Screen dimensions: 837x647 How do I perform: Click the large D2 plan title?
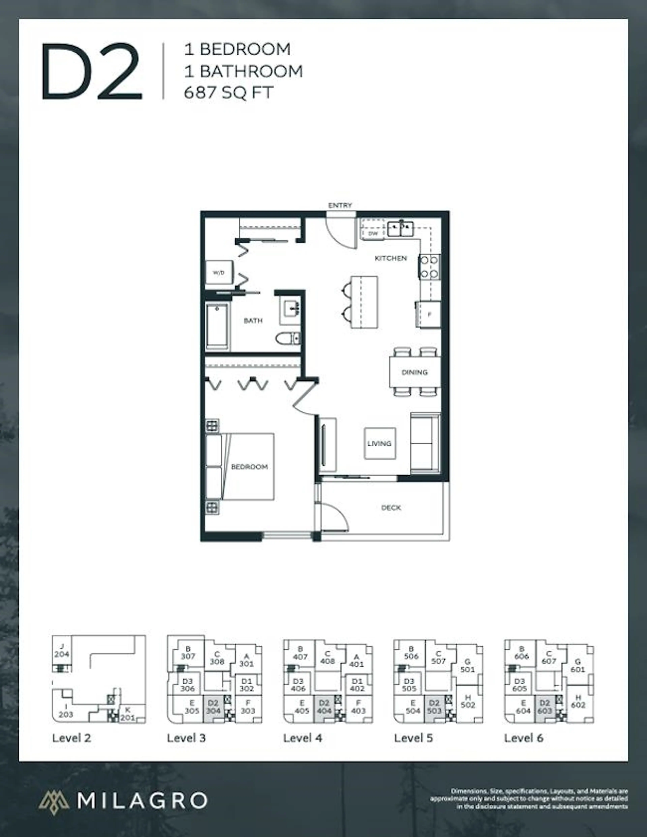pyautogui.click(x=92, y=72)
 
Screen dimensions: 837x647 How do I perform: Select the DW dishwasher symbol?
pyautogui.click(x=373, y=233)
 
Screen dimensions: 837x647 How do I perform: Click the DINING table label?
pyautogui.click(x=414, y=372)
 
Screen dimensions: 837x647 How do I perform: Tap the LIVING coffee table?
pyautogui.click(x=379, y=443)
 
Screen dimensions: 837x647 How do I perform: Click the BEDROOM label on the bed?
pyautogui.click(x=249, y=467)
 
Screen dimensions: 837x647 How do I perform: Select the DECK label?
pyautogui.click(x=391, y=508)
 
